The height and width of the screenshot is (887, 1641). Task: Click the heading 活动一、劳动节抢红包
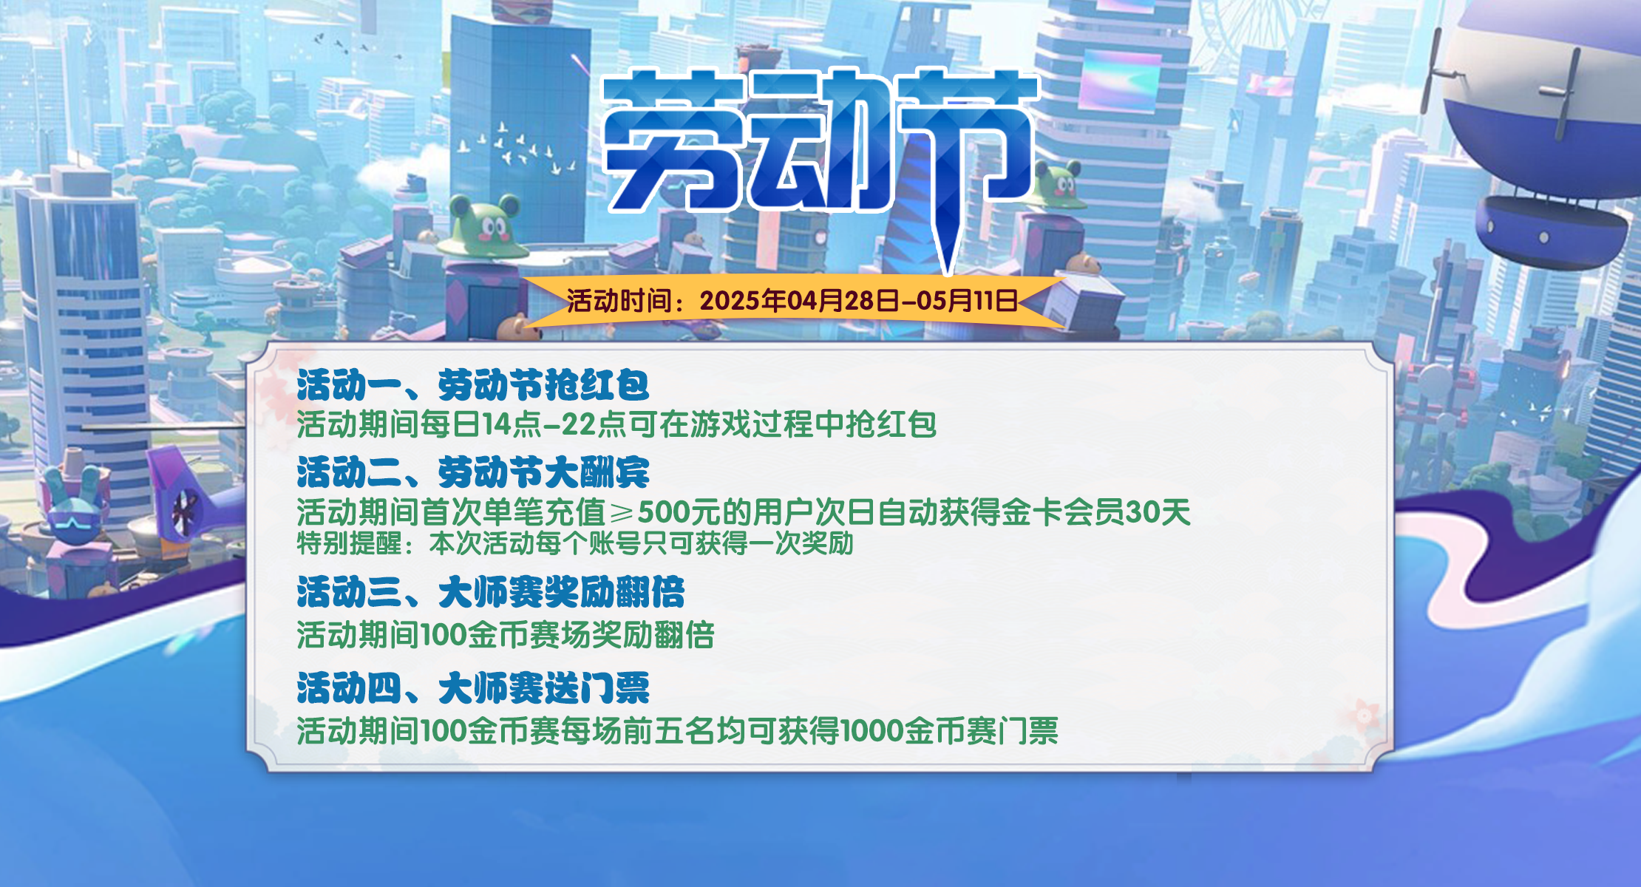473,385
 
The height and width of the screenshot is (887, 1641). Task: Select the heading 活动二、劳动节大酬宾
473,472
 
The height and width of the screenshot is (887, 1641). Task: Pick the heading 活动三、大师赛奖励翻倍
491,592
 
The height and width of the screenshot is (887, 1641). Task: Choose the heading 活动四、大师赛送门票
473,688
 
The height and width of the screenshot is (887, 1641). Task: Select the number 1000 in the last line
872,731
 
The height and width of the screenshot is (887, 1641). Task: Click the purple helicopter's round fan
184,510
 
